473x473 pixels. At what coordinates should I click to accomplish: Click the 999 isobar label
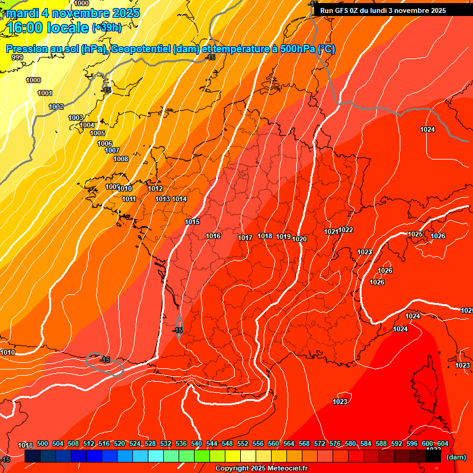(17, 57)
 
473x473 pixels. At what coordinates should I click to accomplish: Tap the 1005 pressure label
(97, 133)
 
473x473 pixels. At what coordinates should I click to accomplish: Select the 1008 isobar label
(121, 159)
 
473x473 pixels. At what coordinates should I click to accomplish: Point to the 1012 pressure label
(155, 188)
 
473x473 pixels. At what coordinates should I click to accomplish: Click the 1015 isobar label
(192, 222)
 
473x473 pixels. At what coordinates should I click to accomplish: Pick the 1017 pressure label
(245, 238)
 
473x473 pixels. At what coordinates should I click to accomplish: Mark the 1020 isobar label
(300, 239)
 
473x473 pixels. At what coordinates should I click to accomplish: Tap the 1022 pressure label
(346, 230)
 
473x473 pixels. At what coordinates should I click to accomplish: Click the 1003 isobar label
(76, 118)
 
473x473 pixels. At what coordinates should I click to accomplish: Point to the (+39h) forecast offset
(107, 28)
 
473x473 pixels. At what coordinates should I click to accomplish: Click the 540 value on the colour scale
(196, 443)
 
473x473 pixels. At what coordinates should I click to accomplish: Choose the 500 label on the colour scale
(42, 443)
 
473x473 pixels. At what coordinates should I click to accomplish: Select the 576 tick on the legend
(335, 443)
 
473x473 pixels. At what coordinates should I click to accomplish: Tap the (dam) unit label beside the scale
(456, 457)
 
